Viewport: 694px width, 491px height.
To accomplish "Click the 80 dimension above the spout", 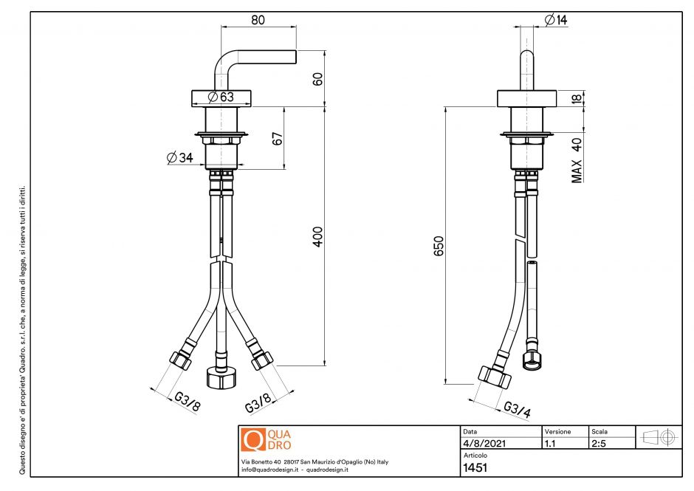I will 258,21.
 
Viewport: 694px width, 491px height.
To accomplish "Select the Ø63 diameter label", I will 221,97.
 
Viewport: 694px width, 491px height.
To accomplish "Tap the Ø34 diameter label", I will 180,157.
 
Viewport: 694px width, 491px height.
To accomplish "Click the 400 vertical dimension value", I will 318,236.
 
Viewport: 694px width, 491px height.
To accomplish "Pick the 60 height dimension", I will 318,79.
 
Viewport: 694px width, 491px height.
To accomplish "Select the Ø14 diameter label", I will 555,21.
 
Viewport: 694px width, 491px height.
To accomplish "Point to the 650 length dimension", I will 438,246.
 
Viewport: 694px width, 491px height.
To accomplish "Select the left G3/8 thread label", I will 187,401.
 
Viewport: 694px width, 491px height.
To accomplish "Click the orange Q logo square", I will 253,439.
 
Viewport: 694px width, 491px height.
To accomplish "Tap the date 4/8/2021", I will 478,444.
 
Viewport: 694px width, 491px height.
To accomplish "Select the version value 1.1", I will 550,444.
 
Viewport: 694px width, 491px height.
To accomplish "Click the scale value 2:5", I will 599,444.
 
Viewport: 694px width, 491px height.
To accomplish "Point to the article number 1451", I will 475,467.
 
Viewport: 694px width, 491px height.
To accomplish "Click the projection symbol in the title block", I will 659,437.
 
